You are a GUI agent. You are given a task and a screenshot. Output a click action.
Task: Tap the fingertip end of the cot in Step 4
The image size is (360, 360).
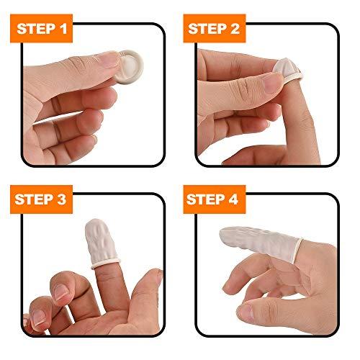(229, 235)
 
